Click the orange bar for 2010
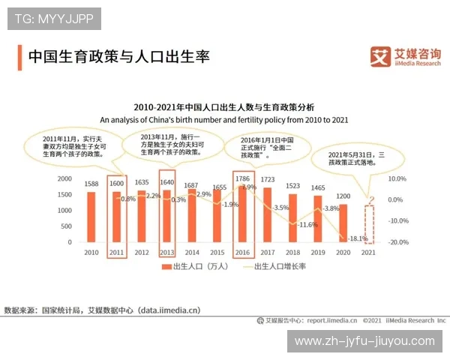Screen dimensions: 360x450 [91, 217]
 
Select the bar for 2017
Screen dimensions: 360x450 [268, 214]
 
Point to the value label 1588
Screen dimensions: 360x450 [91, 184]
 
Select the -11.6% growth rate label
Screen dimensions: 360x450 [307, 224]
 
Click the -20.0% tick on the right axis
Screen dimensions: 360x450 [397, 242]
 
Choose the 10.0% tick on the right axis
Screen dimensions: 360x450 [397, 178]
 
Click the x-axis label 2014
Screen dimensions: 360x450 [192, 253]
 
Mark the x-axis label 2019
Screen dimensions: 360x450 [318, 253]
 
